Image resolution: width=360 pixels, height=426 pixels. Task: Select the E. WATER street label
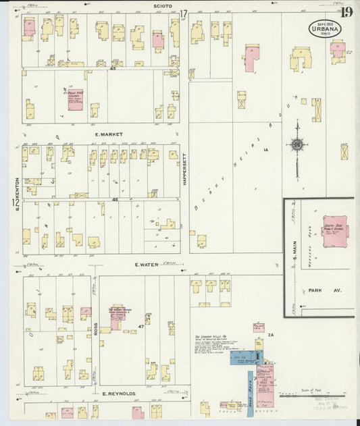tap(147, 265)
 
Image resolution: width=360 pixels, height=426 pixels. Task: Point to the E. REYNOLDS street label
tap(119, 393)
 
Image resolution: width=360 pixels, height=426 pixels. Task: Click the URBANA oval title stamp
tap(325, 28)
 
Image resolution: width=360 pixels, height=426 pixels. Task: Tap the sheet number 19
tap(346, 11)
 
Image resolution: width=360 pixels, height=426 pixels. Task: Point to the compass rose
tap(297, 144)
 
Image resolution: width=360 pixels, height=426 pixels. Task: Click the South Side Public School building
tap(335, 231)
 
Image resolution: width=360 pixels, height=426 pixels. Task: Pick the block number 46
tap(115, 199)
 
